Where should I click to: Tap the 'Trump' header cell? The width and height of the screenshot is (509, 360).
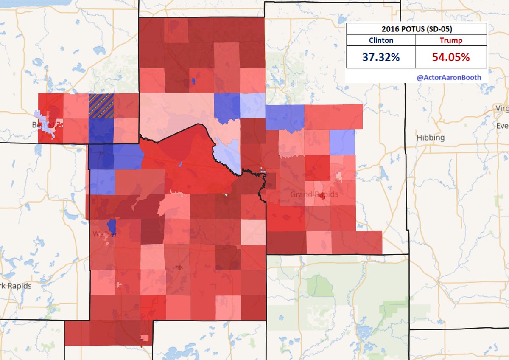[x=450, y=41]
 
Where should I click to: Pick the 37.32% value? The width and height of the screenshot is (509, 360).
[x=380, y=57]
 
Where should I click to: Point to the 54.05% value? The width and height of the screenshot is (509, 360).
[x=450, y=57]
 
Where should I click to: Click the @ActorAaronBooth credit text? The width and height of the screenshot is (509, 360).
[x=449, y=77]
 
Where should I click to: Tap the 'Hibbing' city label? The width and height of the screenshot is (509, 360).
[x=431, y=138]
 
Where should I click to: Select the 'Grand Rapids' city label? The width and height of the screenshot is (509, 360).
[x=314, y=195]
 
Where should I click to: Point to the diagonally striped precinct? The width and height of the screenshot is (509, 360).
[x=101, y=106]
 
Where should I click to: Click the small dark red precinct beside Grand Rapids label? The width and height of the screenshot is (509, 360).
[x=322, y=196]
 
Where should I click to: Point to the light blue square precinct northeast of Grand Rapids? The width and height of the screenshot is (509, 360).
[x=342, y=142]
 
